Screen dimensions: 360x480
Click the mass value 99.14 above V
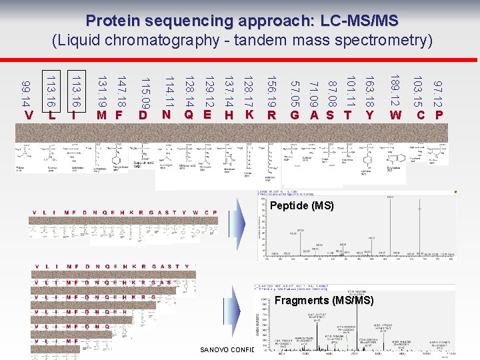point(25,94)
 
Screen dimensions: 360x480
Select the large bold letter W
point(395,115)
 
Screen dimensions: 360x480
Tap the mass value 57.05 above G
point(295,94)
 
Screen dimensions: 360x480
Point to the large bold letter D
point(143,115)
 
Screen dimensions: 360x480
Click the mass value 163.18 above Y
point(369,93)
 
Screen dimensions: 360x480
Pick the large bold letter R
point(272,115)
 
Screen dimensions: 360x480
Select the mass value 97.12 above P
point(438,94)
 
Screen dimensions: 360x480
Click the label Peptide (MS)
point(301,206)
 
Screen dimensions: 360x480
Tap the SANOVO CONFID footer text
point(227,349)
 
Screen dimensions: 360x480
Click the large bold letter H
point(228,115)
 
